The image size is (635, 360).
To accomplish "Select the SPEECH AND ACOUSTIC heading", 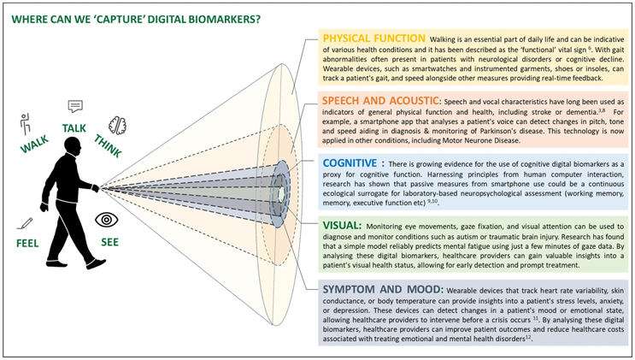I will [380, 100].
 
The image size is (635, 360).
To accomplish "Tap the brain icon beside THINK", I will [117, 125].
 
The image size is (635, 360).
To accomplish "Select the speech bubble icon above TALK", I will [75, 107].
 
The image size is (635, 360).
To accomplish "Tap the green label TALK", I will [75, 128].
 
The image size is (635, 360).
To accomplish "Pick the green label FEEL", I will [28, 243].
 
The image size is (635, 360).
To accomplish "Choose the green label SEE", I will [108, 242].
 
